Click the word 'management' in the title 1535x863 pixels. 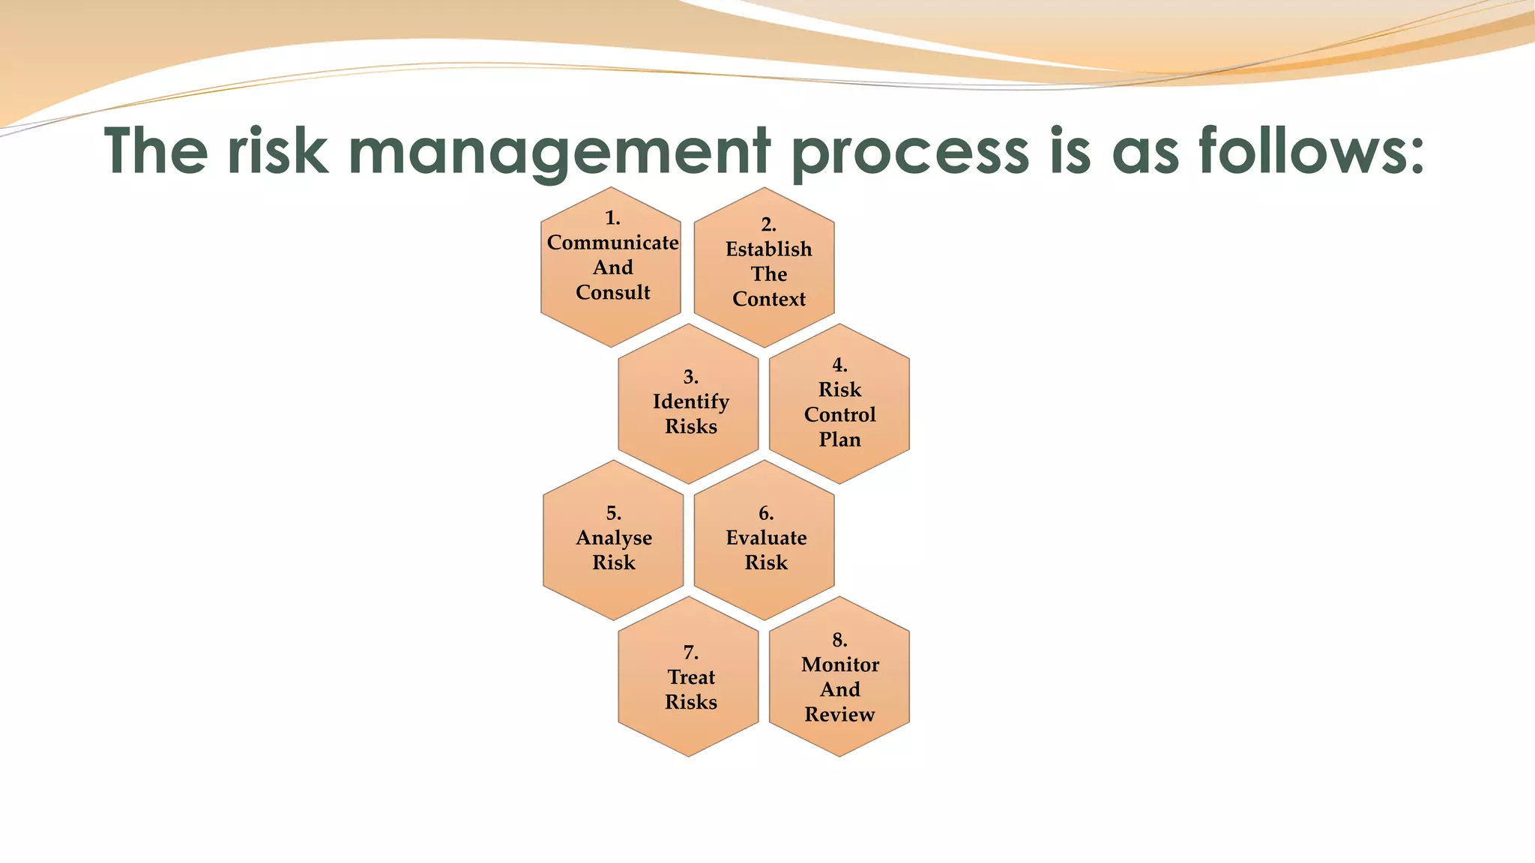(560, 152)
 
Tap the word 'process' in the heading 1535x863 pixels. (910, 152)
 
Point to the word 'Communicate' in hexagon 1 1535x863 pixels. (612, 243)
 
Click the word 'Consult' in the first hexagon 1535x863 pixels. (612, 292)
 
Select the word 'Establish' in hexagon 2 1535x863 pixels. (768, 249)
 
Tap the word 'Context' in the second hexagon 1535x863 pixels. (768, 299)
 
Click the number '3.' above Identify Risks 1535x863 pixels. (690, 377)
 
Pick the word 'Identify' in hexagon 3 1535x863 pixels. (690, 402)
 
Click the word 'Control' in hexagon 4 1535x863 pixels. (839, 414)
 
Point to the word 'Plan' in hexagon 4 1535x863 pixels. (839, 439)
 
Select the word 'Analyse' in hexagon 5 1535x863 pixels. (614, 538)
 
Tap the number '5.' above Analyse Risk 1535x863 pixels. (614, 513)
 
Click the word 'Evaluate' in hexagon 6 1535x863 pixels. (766, 538)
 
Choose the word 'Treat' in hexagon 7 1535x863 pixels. (691, 677)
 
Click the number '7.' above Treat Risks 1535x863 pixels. (690, 652)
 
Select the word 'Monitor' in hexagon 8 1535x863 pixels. (839, 664)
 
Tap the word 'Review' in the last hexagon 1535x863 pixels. (839, 714)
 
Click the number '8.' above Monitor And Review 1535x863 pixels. (839, 640)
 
